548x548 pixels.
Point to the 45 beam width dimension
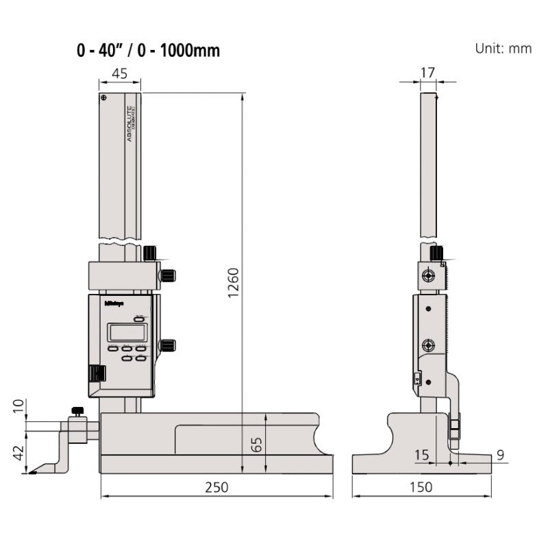[x=119, y=74]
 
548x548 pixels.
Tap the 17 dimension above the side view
[x=428, y=71]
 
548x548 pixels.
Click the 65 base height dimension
[x=256, y=444]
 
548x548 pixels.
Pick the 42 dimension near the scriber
[x=18, y=452]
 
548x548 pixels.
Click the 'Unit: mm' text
[x=503, y=49]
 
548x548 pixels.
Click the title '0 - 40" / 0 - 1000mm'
[x=149, y=51]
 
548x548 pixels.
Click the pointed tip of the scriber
[x=29, y=472]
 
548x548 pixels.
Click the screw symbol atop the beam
[x=104, y=99]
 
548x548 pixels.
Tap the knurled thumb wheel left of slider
[x=97, y=373]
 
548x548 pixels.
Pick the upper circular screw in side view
[x=428, y=276]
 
